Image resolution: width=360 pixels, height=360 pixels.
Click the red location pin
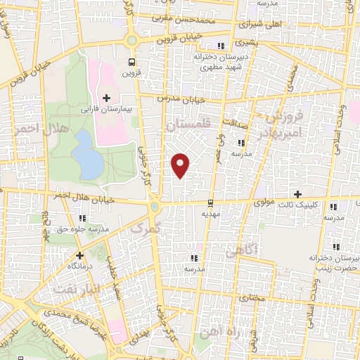pos(181,164)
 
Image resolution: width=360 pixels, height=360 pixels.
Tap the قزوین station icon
pos(132,61)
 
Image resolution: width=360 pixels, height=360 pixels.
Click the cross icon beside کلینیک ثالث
pos(297,193)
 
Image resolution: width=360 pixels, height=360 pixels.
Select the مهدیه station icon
pos(210,203)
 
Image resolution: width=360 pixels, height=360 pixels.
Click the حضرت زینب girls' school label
pos(330,264)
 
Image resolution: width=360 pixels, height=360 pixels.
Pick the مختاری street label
pos(250,298)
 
